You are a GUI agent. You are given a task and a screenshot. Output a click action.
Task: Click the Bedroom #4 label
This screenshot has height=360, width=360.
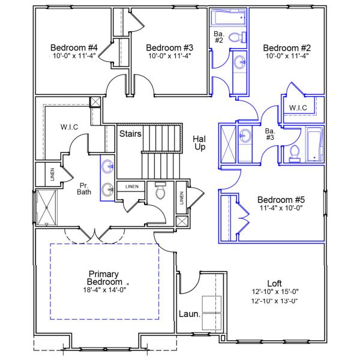74,47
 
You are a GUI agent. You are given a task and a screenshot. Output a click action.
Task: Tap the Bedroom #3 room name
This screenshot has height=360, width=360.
169,47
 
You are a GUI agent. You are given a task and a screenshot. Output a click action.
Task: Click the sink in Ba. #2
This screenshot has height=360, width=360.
240,62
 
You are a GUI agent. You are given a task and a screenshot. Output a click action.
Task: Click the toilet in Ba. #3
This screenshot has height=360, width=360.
294,154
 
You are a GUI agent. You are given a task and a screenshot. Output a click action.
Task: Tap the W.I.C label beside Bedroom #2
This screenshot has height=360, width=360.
298,108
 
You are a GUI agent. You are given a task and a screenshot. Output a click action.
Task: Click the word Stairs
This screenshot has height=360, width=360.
130,133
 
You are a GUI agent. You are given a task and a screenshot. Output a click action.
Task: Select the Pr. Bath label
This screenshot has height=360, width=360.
84,188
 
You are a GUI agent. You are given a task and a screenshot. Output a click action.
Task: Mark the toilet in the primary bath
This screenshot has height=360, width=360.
160,191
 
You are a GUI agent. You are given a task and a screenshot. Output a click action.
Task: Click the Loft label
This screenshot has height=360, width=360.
274,283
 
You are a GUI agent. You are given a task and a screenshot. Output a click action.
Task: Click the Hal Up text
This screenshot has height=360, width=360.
199,143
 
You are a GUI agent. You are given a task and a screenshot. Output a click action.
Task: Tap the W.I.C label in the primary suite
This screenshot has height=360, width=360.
71,127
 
